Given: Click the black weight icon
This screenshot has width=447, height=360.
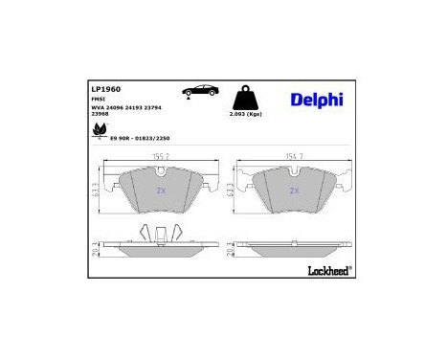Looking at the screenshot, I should (x=246, y=96).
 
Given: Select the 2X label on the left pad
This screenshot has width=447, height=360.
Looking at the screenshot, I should (x=159, y=191).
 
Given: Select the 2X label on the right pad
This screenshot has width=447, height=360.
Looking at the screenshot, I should (x=294, y=191).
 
